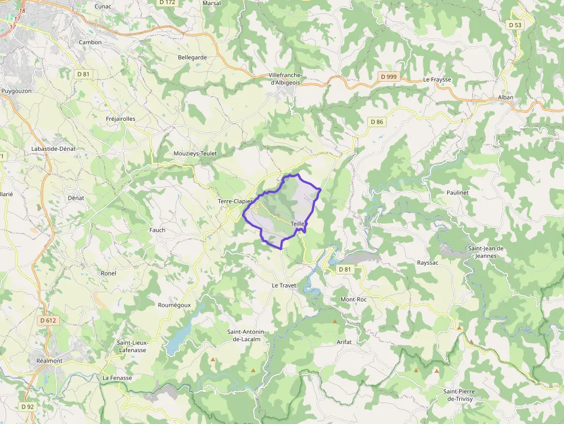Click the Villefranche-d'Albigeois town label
(285, 79)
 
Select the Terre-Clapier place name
(235, 201)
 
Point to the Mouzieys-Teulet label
(195, 154)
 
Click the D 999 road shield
(388, 77)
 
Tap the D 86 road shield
(376, 121)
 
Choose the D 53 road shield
(515, 25)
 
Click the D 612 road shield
(48, 320)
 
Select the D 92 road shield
(28, 407)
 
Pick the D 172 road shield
(167, 2)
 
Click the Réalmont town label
(48, 360)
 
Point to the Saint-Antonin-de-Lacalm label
(247, 335)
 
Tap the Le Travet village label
(283, 285)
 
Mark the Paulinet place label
(458, 192)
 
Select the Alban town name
(505, 97)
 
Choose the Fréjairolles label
(121, 119)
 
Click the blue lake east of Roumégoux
(180, 337)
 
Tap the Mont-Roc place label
(353, 300)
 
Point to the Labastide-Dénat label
(54, 148)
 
